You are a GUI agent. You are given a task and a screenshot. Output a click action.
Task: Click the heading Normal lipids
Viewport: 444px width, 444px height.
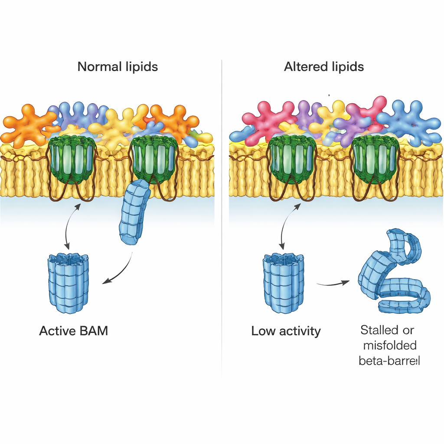click(x=118, y=67)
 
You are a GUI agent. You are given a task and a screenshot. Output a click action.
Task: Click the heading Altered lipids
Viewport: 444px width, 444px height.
click(x=324, y=67)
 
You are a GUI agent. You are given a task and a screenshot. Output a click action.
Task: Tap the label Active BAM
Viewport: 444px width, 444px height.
click(x=73, y=331)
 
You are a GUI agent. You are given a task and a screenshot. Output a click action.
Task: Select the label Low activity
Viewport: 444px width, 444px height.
click(x=286, y=331)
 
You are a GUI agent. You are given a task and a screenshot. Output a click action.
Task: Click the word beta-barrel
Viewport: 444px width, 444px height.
click(x=389, y=360)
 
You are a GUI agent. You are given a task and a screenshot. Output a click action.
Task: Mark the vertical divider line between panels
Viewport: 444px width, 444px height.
click(x=222, y=217)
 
